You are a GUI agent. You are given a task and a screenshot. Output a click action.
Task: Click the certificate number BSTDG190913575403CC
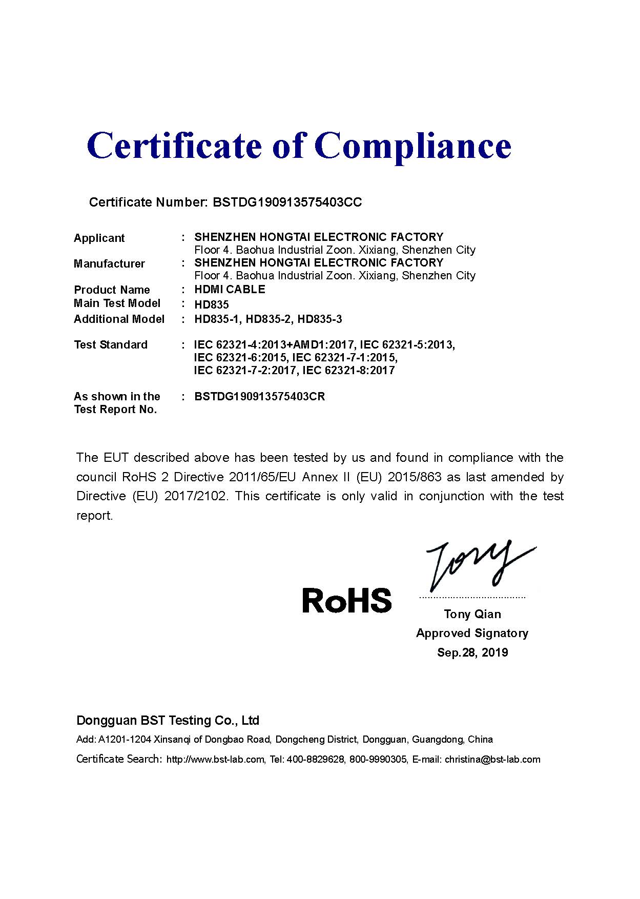pyautogui.click(x=287, y=202)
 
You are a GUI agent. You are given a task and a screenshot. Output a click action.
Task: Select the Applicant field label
pyautogui.click(x=99, y=238)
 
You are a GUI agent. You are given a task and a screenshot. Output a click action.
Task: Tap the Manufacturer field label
pyautogui.click(x=109, y=264)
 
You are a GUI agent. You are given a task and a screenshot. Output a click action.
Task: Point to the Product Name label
pyautogui.click(x=112, y=290)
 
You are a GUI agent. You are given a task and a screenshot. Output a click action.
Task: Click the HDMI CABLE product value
pyautogui.click(x=230, y=290)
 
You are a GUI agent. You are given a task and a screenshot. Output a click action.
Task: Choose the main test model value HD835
pyautogui.click(x=212, y=305)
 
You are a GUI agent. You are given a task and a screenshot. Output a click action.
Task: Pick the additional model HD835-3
pyautogui.click(x=320, y=319)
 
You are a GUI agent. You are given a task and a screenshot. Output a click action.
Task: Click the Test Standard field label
pyautogui.click(x=111, y=345)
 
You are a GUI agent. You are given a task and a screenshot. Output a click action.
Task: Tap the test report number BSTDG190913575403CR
pyautogui.click(x=260, y=397)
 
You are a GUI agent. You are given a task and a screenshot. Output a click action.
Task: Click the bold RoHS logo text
pyautogui.click(x=347, y=601)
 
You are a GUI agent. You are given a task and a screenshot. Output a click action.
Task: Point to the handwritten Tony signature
pyautogui.click(x=477, y=564)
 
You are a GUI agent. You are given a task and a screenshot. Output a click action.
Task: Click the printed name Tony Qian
pyautogui.click(x=472, y=614)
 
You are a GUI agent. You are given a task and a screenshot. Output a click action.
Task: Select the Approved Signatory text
pyautogui.click(x=472, y=634)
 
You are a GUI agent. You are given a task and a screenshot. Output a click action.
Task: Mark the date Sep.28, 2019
pyautogui.click(x=472, y=652)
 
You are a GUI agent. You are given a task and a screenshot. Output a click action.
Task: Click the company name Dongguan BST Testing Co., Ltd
pyautogui.click(x=168, y=721)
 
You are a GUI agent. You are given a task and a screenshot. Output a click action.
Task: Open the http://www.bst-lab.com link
pyautogui.click(x=215, y=760)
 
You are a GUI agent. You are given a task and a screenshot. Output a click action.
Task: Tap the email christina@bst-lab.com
pyautogui.click(x=492, y=760)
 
